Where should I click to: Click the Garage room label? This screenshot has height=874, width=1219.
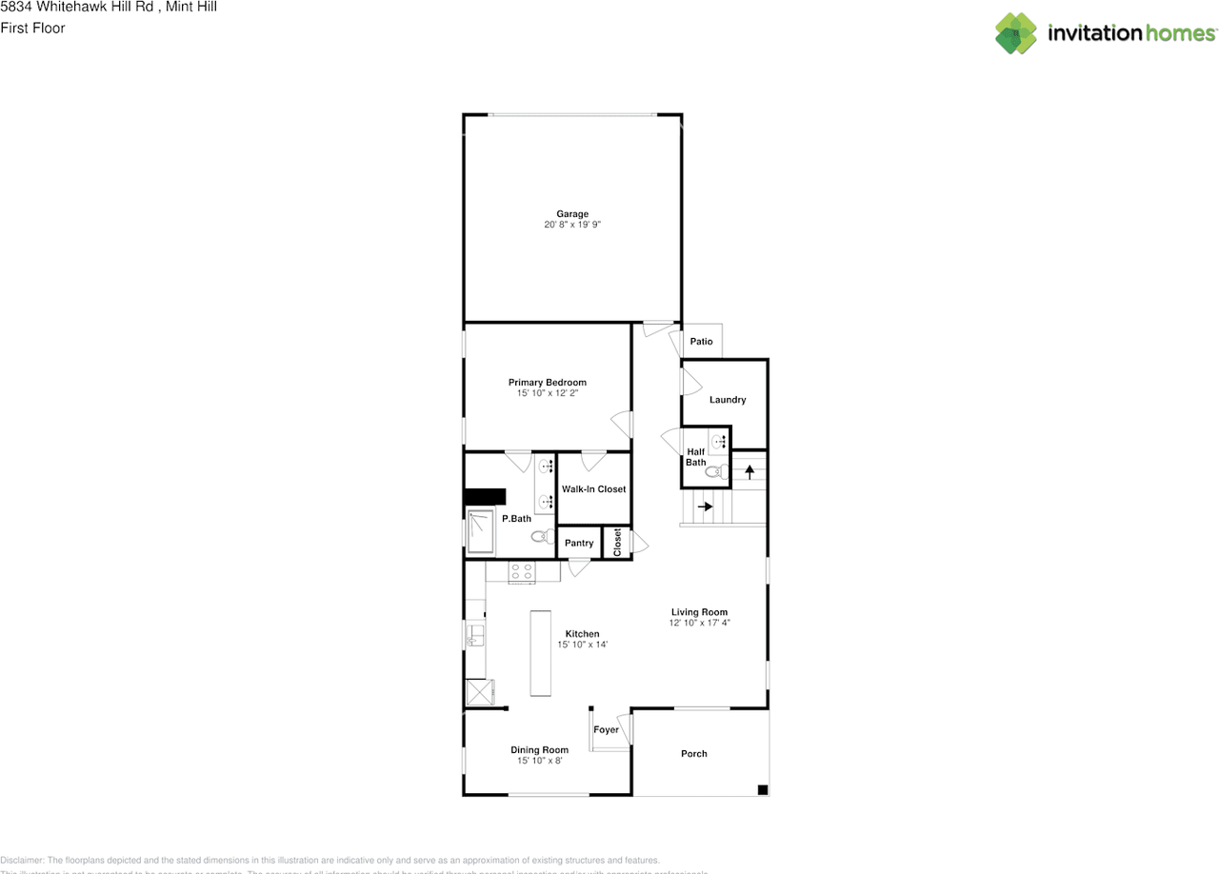[x=572, y=214]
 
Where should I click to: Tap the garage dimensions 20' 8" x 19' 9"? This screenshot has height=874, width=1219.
[x=572, y=225]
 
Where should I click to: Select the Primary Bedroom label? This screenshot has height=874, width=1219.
[x=547, y=383]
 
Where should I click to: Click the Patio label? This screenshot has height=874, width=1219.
[x=701, y=342]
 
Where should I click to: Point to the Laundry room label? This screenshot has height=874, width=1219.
[x=728, y=400]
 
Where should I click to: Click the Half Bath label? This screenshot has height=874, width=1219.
[x=695, y=457]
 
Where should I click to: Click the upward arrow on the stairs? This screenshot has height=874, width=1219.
[x=749, y=470]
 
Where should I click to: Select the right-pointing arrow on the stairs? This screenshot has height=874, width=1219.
[x=705, y=507]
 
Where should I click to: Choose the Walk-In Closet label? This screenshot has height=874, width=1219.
[x=593, y=489]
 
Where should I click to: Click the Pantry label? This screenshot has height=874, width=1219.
[x=579, y=544]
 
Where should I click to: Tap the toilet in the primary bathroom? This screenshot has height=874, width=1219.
[x=541, y=537]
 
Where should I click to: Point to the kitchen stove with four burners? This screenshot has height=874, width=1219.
[x=521, y=571]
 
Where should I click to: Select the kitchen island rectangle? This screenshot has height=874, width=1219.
[x=541, y=654]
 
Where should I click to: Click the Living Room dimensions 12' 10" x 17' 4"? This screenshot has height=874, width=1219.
[x=699, y=623]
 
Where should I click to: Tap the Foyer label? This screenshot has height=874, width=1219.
[x=606, y=730]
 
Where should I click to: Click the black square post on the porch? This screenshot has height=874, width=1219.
[x=762, y=789]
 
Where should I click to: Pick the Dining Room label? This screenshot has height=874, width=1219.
[x=539, y=750]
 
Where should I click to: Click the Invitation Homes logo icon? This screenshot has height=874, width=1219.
[x=1016, y=33]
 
